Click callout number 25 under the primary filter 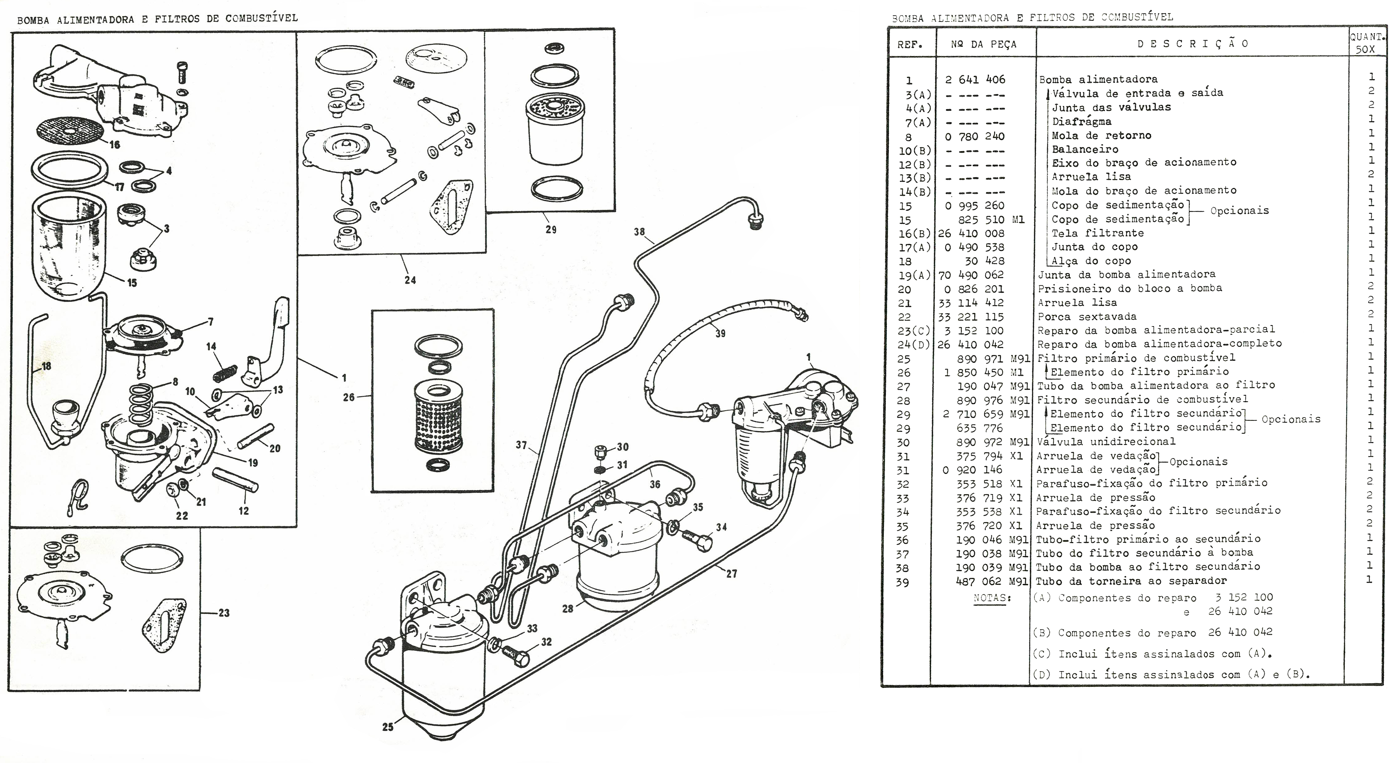pos(388,727)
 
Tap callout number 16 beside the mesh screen pos(115,145)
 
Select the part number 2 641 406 pos(975,79)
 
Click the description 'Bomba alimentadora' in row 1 pos(1098,79)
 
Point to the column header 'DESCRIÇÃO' pos(1193,44)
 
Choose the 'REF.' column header pos(910,45)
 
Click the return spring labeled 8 pos(143,405)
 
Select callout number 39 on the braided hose pos(720,334)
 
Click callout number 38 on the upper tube pos(639,232)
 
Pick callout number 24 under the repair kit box pos(410,280)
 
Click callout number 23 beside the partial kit pos(224,613)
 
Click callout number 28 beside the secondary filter pos(567,608)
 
